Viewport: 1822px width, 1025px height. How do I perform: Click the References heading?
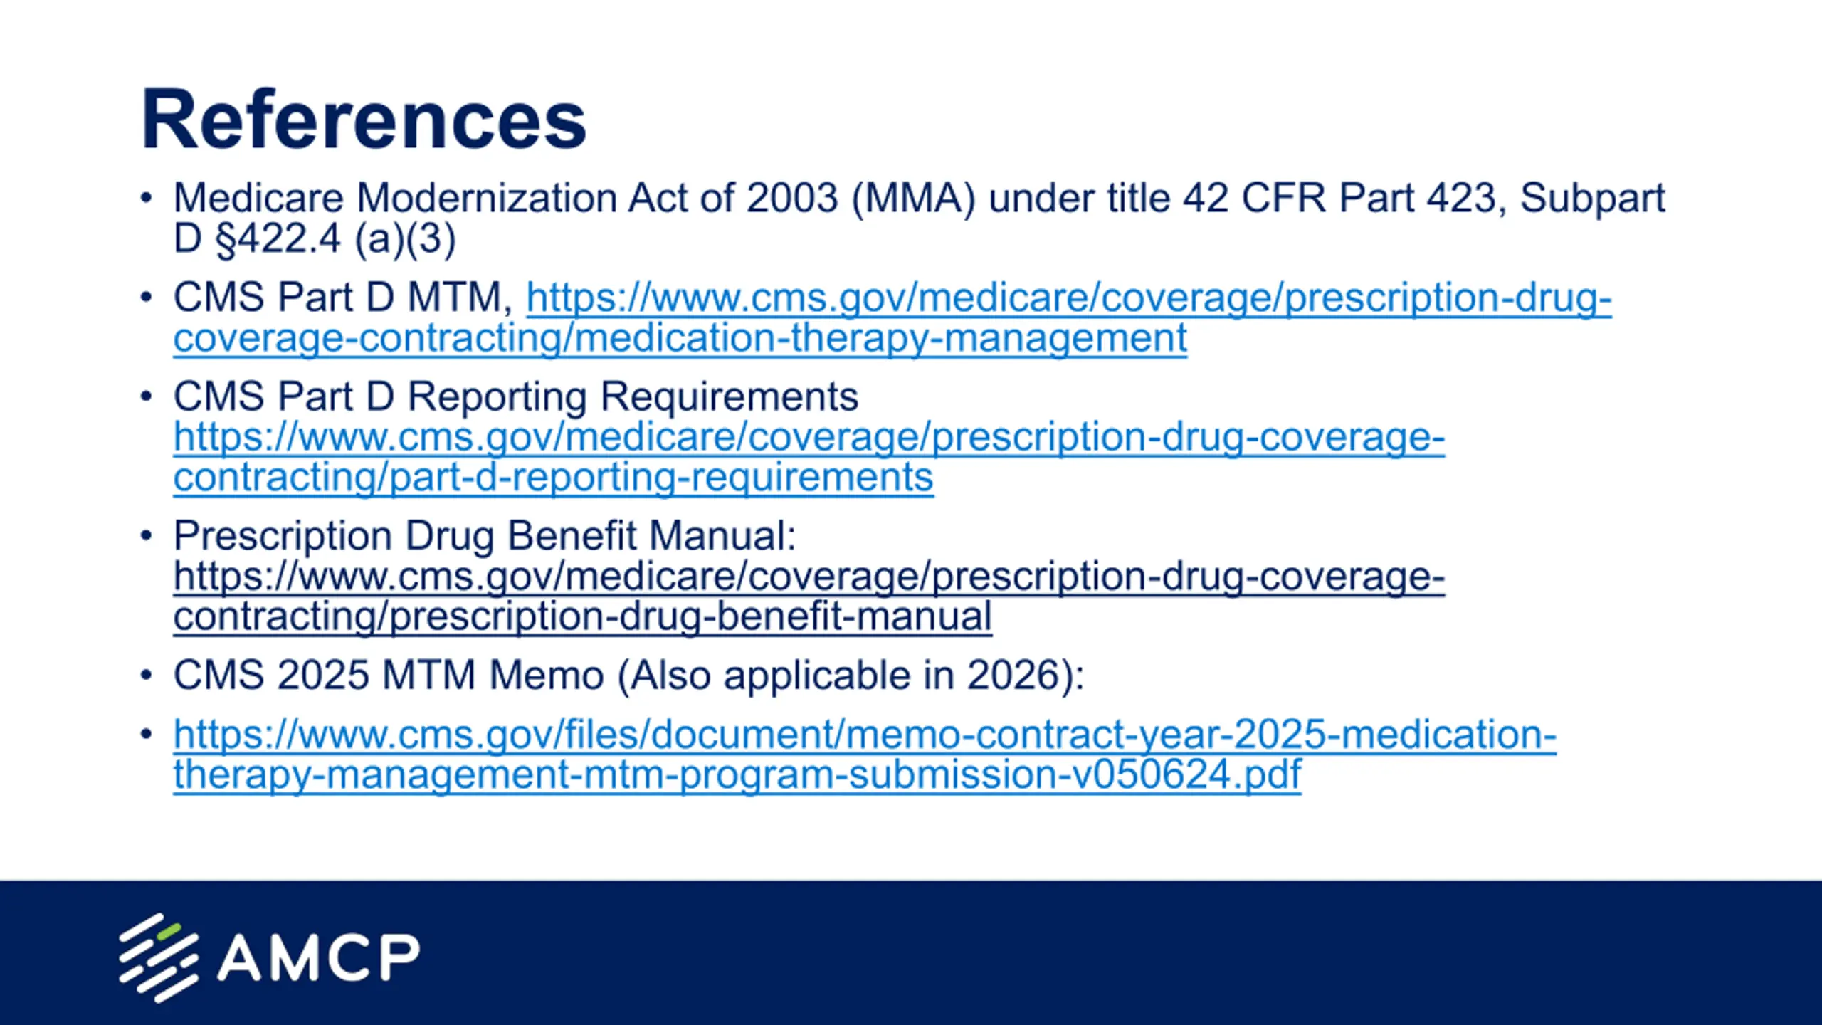(364, 120)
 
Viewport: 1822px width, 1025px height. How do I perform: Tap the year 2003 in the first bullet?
(792, 198)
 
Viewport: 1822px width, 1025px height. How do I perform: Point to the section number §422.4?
(278, 238)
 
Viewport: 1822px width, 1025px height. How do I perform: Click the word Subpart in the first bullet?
(1593, 199)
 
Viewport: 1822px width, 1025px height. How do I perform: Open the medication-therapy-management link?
(892, 317)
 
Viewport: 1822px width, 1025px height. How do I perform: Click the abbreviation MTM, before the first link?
(460, 298)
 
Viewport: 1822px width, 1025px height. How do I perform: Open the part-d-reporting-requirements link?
(809, 456)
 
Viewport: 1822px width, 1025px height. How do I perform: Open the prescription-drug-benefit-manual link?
(809, 596)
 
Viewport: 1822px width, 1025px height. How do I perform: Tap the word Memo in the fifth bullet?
(547, 675)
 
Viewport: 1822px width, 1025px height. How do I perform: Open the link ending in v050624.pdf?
(865, 755)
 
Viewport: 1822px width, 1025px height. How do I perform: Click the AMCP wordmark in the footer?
(318, 957)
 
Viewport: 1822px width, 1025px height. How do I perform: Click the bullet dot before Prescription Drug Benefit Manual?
(147, 535)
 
